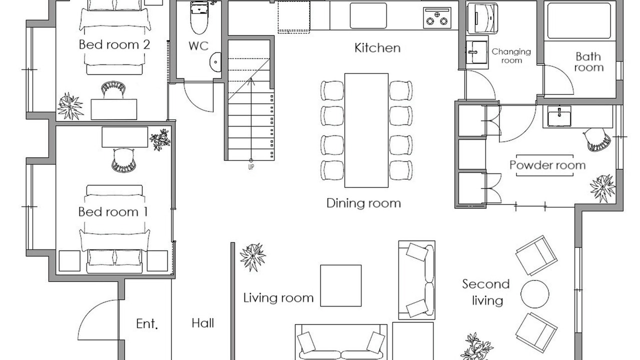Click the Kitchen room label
pyautogui.click(x=377, y=48)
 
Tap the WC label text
pyautogui.click(x=198, y=46)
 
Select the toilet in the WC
pyautogui.click(x=199, y=17)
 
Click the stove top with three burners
pyautogui.click(x=437, y=17)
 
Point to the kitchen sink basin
pyautogui.click(x=368, y=15)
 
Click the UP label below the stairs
pyautogui.click(x=251, y=167)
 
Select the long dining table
pyautogui.click(x=366, y=130)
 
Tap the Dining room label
pyautogui.click(x=363, y=203)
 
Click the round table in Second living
pyautogui.click(x=534, y=294)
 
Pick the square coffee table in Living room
pyautogui.click(x=340, y=285)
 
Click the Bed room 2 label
pyautogui.click(x=114, y=45)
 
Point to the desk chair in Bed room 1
pyautogui.click(x=123, y=160)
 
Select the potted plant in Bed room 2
pyautogui.click(x=70, y=106)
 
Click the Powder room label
pyautogui.click(x=547, y=165)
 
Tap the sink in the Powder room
pyautogui.click(x=559, y=116)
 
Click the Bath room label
pyautogui.click(x=589, y=62)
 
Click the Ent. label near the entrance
pyautogui.click(x=147, y=324)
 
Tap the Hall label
pyautogui.click(x=203, y=323)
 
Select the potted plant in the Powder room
pyautogui.click(x=602, y=188)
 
